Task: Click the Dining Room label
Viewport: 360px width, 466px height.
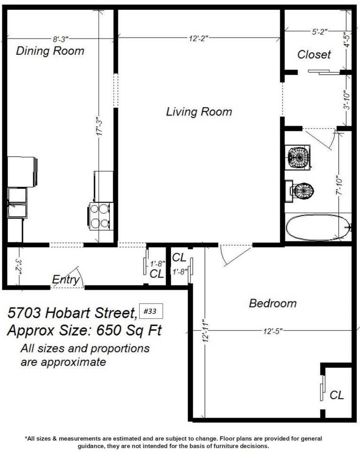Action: (50, 51)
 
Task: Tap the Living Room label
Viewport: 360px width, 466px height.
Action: (199, 112)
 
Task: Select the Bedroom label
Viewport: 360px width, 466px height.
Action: (272, 303)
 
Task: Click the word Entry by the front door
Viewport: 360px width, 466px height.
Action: (66, 279)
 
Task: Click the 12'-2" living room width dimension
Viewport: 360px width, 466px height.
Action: (198, 38)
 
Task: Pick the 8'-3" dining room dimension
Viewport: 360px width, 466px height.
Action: (61, 39)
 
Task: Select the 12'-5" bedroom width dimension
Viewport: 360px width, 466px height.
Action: (272, 331)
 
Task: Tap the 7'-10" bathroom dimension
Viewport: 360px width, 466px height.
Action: (339, 187)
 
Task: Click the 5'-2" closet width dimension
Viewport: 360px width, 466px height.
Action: (319, 31)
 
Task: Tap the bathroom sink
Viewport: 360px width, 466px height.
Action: (297, 157)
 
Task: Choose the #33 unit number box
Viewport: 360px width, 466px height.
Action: (151, 311)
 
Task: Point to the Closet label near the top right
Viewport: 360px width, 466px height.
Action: (314, 54)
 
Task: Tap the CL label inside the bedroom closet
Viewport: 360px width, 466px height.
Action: (337, 395)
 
